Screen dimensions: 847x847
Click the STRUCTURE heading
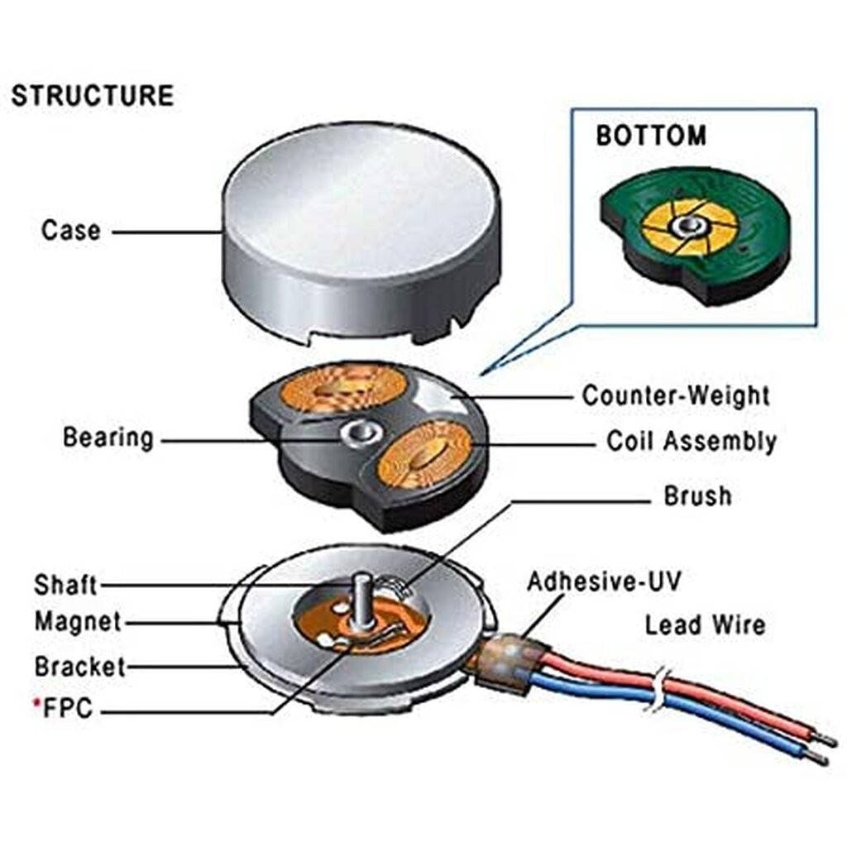click(x=92, y=96)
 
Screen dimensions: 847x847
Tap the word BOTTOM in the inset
click(x=651, y=135)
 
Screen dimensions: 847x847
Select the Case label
click(x=71, y=230)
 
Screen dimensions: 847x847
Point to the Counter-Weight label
click(x=675, y=395)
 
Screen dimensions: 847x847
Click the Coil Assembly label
click(x=691, y=441)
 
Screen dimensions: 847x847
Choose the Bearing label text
click(x=108, y=438)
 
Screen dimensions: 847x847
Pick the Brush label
click(x=697, y=496)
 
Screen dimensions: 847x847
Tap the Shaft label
click(x=65, y=585)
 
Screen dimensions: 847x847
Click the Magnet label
click(x=77, y=621)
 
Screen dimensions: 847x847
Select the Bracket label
click(x=79, y=666)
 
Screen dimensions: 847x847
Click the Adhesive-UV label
click(x=604, y=581)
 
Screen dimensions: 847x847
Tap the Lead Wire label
click(x=705, y=624)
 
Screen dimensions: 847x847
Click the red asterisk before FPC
click(x=36, y=705)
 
